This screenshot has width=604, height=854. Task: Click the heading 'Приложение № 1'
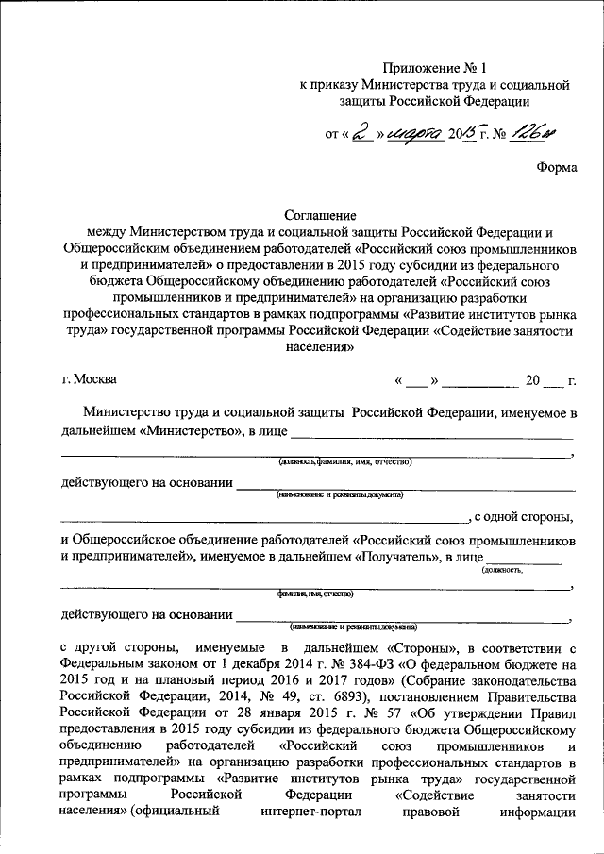click(x=434, y=67)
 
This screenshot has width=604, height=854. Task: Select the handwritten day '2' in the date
click(x=359, y=135)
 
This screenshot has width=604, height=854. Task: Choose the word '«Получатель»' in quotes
click(x=394, y=558)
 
